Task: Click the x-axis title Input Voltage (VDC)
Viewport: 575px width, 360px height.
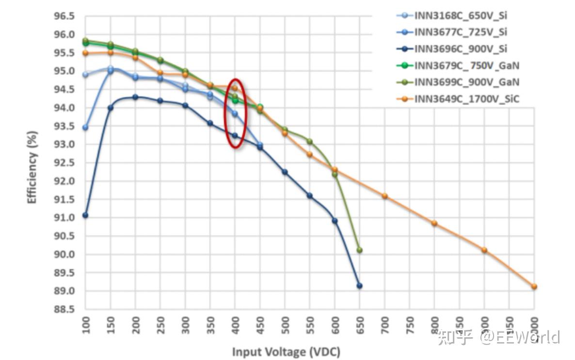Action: [x=286, y=352]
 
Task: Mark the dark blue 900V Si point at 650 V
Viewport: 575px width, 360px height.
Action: [x=359, y=286]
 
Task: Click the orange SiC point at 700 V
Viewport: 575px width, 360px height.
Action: [x=384, y=196]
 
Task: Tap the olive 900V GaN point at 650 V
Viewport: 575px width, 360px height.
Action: [x=359, y=250]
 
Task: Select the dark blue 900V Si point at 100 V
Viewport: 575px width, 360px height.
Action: [x=85, y=215]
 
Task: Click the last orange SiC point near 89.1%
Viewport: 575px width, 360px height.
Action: [x=534, y=286]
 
